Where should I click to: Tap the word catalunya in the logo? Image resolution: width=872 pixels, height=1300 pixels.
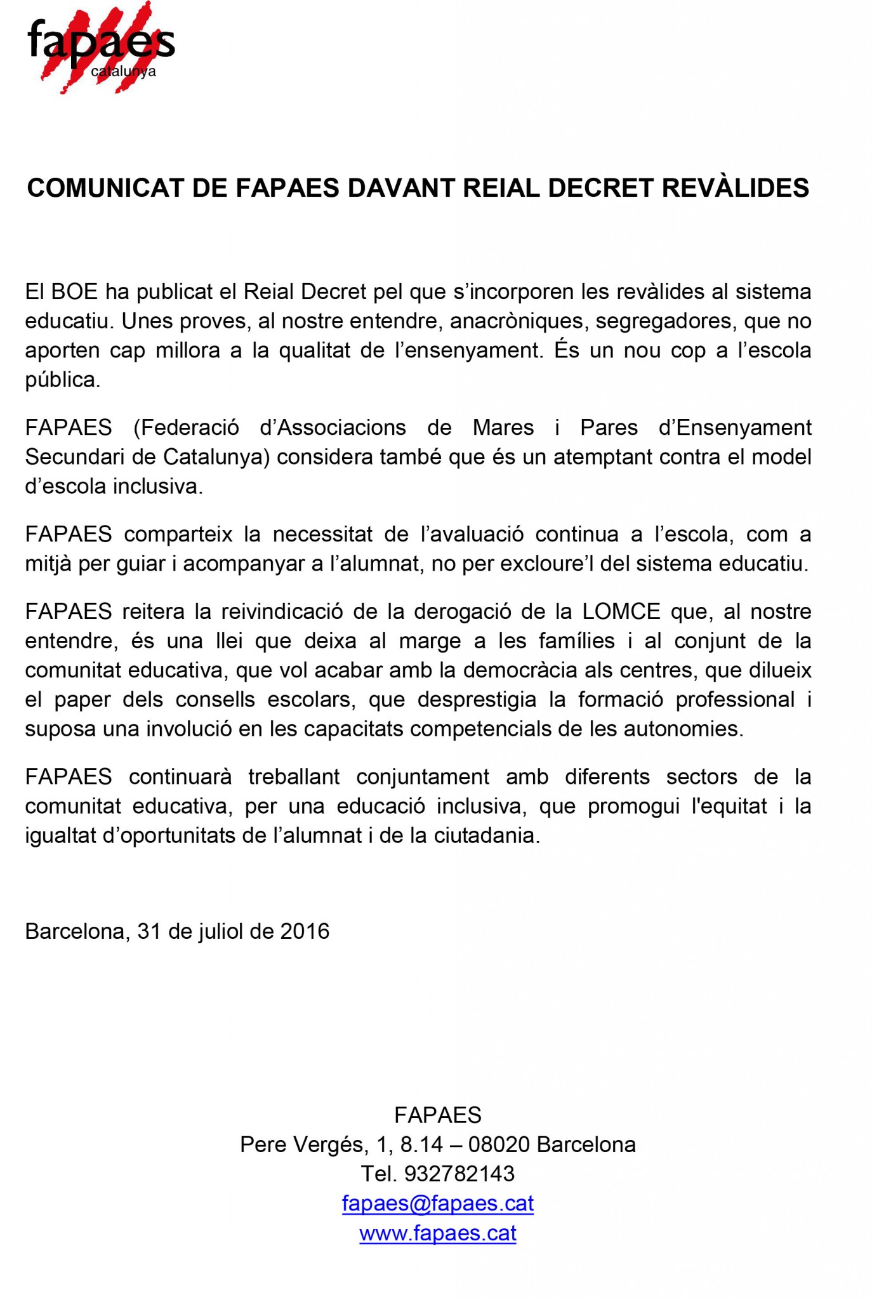point(123,72)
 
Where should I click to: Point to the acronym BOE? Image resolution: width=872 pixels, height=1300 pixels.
point(74,292)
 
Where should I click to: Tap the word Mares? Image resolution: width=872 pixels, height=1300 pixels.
point(503,428)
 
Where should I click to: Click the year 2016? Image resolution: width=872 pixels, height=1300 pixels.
point(305,931)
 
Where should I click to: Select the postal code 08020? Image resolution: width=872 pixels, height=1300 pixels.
point(499,1144)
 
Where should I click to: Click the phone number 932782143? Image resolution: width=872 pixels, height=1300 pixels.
point(459,1174)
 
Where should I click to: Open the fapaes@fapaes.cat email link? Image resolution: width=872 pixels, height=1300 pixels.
point(437,1204)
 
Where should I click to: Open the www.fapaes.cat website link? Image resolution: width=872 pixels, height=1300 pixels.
point(437,1233)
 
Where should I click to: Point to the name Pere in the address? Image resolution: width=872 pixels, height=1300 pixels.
point(262,1144)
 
